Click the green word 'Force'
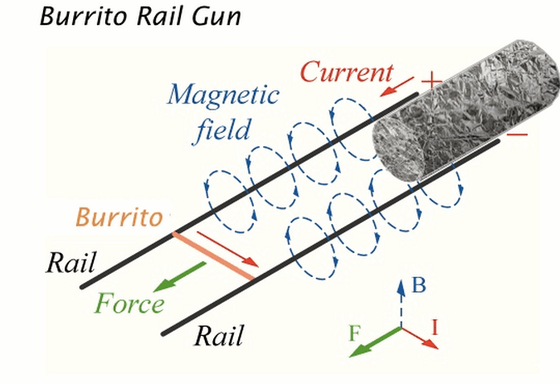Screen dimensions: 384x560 129,303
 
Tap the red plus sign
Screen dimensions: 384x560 430,81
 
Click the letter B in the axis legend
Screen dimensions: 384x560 419,287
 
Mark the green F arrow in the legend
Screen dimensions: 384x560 375,341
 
